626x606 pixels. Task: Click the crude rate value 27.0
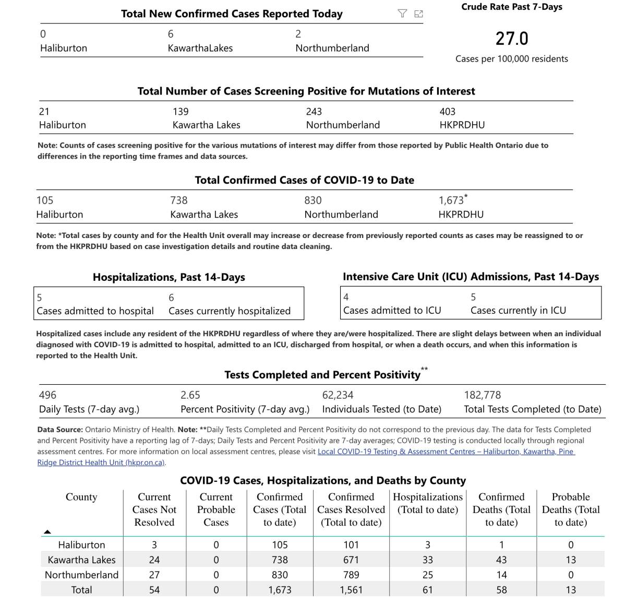point(512,39)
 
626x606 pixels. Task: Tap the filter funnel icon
point(402,14)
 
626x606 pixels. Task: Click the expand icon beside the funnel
point(418,14)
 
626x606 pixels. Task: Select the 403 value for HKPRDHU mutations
point(447,112)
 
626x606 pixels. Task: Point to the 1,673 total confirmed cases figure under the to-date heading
point(451,200)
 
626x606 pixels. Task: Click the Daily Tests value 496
point(47,395)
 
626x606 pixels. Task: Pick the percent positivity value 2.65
point(190,395)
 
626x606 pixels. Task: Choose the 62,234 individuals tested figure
point(338,395)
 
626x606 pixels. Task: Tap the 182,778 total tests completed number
point(482,395)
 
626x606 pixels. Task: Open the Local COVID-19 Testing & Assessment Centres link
point(446,451)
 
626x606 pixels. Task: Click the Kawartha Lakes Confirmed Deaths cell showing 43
point(501,560)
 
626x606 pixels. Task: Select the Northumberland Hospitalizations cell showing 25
point(428,575)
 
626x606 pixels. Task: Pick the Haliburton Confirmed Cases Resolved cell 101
point(351,545)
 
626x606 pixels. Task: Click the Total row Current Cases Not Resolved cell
point(154,590)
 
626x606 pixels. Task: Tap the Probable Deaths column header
point(571,509)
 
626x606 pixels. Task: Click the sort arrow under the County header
point(47,532)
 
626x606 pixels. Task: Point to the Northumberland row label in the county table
point(81,575)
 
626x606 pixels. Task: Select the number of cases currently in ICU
point(473,297)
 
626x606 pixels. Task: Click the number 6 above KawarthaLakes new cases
point(171,34)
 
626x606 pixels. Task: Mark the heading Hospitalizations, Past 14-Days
point(168,277)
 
